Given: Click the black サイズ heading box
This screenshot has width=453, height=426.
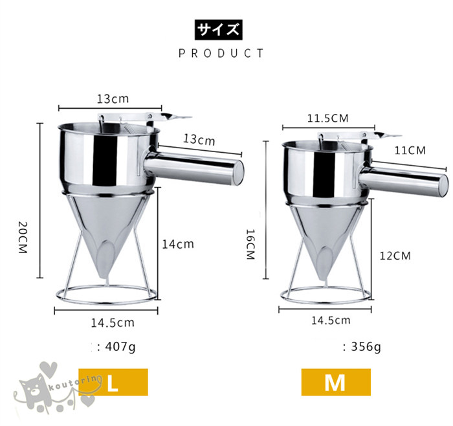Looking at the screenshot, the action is click(x=219, y=30).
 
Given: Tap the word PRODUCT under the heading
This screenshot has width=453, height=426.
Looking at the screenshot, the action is click(x=221, y=54).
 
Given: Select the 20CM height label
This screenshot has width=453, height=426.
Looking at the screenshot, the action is click(x=23, y=238).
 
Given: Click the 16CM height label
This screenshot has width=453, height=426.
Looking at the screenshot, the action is click(x=250, y=244).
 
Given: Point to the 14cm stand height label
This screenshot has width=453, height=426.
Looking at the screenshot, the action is click(x=178, y=245).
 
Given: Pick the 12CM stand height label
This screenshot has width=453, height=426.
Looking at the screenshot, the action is click(x=395, y=256).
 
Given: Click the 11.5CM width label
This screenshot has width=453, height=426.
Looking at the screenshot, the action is click(x=327, y=118).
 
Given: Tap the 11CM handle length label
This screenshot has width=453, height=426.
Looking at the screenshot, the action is click(x=410, y=151).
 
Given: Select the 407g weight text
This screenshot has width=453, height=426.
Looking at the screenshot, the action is click(x=120, y=346).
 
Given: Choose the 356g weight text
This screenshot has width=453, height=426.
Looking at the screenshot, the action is click(x=366, y=346).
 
